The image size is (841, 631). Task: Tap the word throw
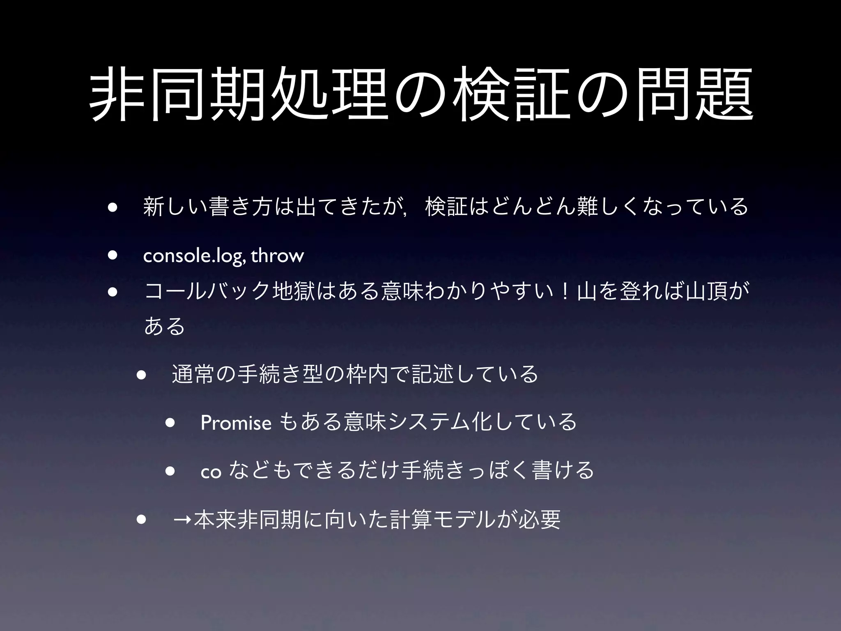click(x=277, y=256)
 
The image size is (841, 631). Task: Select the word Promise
click(x=236, y=422)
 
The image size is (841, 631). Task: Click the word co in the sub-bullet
click(x=211, y=472)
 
